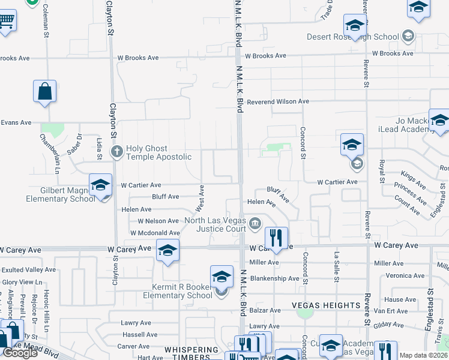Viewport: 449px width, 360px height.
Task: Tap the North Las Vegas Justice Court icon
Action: pyautogui.click(x=255, y=224)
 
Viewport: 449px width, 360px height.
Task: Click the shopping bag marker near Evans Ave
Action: pyautogui.click(x=44, y=92)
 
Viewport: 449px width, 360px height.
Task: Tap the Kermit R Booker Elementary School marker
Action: pyautogui.click(x=221, y=277)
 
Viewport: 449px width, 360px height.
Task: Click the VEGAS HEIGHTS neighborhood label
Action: pyautogui.click(x=326, y=305)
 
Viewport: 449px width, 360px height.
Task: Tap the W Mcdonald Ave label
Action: pyautogui.click(x=154, y=233)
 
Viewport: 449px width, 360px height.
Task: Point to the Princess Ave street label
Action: pyautogui.click(x=411, y=193)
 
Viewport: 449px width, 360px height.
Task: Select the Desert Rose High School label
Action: pyautogui.click(x=353, y=37)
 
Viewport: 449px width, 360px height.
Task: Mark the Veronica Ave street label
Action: pyautogui.click(x=405, y=276)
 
